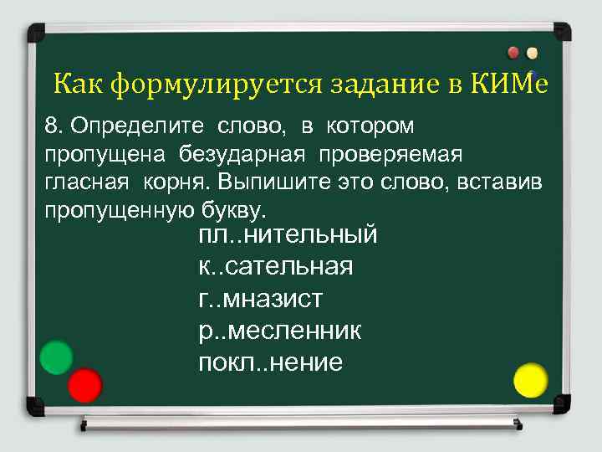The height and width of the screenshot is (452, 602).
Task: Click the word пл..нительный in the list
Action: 288,235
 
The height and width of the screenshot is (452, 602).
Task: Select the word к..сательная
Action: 275,267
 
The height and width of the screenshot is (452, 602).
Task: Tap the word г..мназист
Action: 260,298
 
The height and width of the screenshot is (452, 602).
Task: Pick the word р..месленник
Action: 279,331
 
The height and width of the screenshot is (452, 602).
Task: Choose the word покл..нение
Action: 270,362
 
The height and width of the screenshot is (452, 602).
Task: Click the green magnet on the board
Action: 57,357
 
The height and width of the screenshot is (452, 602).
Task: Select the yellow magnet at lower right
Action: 530,379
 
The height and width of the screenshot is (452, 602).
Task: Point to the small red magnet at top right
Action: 513,52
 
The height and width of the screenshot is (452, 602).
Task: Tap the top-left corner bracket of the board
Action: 38,34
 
